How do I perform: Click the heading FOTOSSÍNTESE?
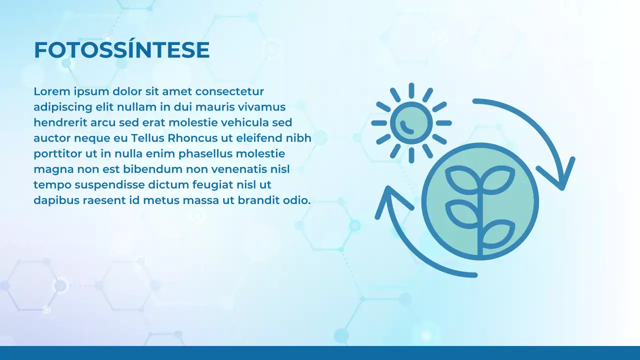tap(121, 50)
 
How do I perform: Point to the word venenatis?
tap(238, 169)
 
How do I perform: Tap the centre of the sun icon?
tap(411, 123)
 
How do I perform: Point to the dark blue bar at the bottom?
tap(320, 352)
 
